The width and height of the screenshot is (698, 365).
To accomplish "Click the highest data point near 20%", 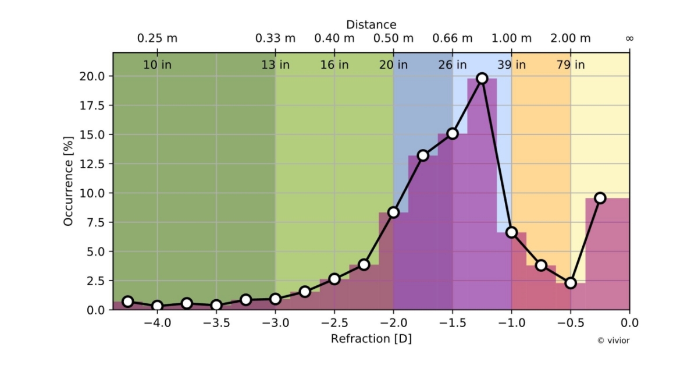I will (x=482, y=78).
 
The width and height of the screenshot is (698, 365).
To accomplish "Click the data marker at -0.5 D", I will (x=571, y=283).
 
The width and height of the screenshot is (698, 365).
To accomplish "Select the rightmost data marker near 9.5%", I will (x=600, y=198).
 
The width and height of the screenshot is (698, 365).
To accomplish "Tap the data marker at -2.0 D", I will (x=393, y=212).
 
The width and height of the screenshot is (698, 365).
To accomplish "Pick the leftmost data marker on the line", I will (x=128, y=301).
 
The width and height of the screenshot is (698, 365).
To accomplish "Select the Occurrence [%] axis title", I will (x=69, y=182).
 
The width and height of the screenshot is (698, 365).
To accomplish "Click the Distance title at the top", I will (x=371, y=24).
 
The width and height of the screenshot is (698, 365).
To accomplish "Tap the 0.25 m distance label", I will (x=157, y=38).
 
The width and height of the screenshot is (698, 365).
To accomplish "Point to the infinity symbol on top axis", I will (x=629, y=38).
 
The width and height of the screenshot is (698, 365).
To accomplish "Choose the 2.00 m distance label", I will (x=571, y=38).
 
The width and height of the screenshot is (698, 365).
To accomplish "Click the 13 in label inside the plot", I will (x=275, y=65).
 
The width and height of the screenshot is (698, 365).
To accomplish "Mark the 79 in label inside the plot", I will (x=571, y=65).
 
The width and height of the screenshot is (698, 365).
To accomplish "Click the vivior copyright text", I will (x=613, y=341).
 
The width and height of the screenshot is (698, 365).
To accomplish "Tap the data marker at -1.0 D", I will (x=511, y=232).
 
